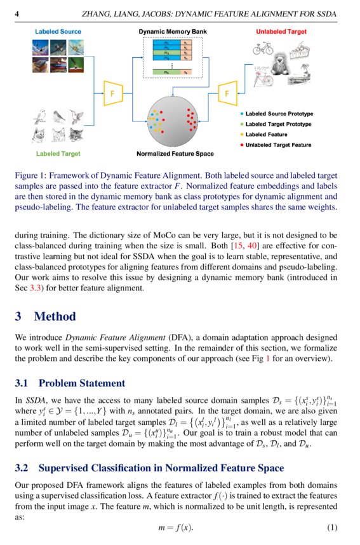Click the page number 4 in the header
pyautogui.click(x=17, y=13)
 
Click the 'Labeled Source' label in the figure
pyautogui.click(x=58, y=30)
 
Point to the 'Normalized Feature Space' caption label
pyautogui.click(x=175, y=154)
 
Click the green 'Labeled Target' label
pyautogui.click(x=58, y=154)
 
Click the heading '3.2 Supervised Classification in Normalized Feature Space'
pyautogui.click(x=149, y=468)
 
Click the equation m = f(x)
pyautogui.click(x=175, y=528)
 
